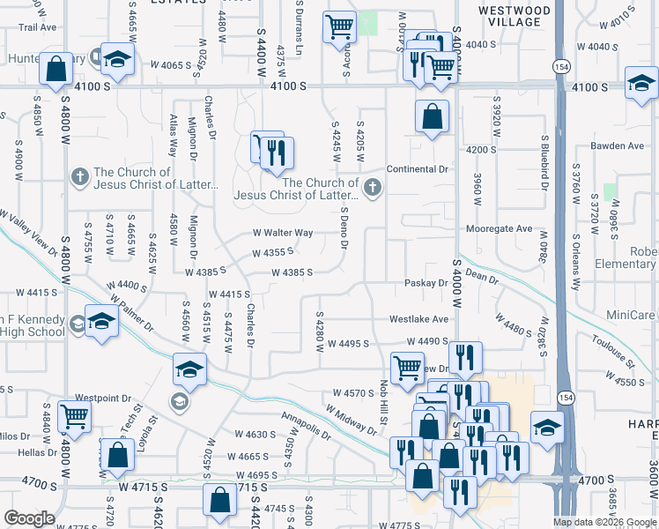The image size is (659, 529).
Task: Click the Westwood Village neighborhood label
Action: coord(515,16)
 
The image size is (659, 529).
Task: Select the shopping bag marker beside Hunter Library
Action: coord(56,69)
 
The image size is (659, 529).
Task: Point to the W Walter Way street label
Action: coord(283,233)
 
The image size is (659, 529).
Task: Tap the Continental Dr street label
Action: coord(418,168)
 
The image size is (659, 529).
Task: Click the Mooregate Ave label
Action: coord(500,228)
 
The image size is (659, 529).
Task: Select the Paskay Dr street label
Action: coord(426,283)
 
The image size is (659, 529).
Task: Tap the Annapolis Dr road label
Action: coord(306,425)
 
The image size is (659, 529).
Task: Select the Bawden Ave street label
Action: coord(618,145)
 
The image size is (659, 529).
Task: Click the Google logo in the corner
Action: coord(29,518)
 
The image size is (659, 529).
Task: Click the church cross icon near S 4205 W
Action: coord(373,186)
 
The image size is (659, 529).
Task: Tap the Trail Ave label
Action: coord(37,27)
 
